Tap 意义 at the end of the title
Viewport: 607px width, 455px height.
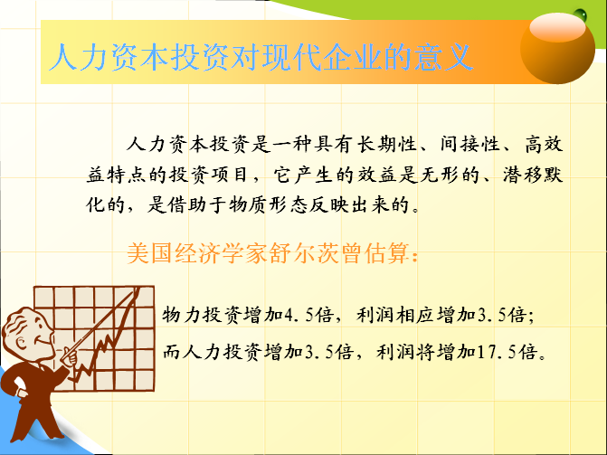point(443,57)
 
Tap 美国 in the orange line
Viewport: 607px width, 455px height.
point(150,253)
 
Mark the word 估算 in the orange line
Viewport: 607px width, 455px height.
point(387,253)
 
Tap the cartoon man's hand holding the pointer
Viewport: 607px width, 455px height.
point(71,355)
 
